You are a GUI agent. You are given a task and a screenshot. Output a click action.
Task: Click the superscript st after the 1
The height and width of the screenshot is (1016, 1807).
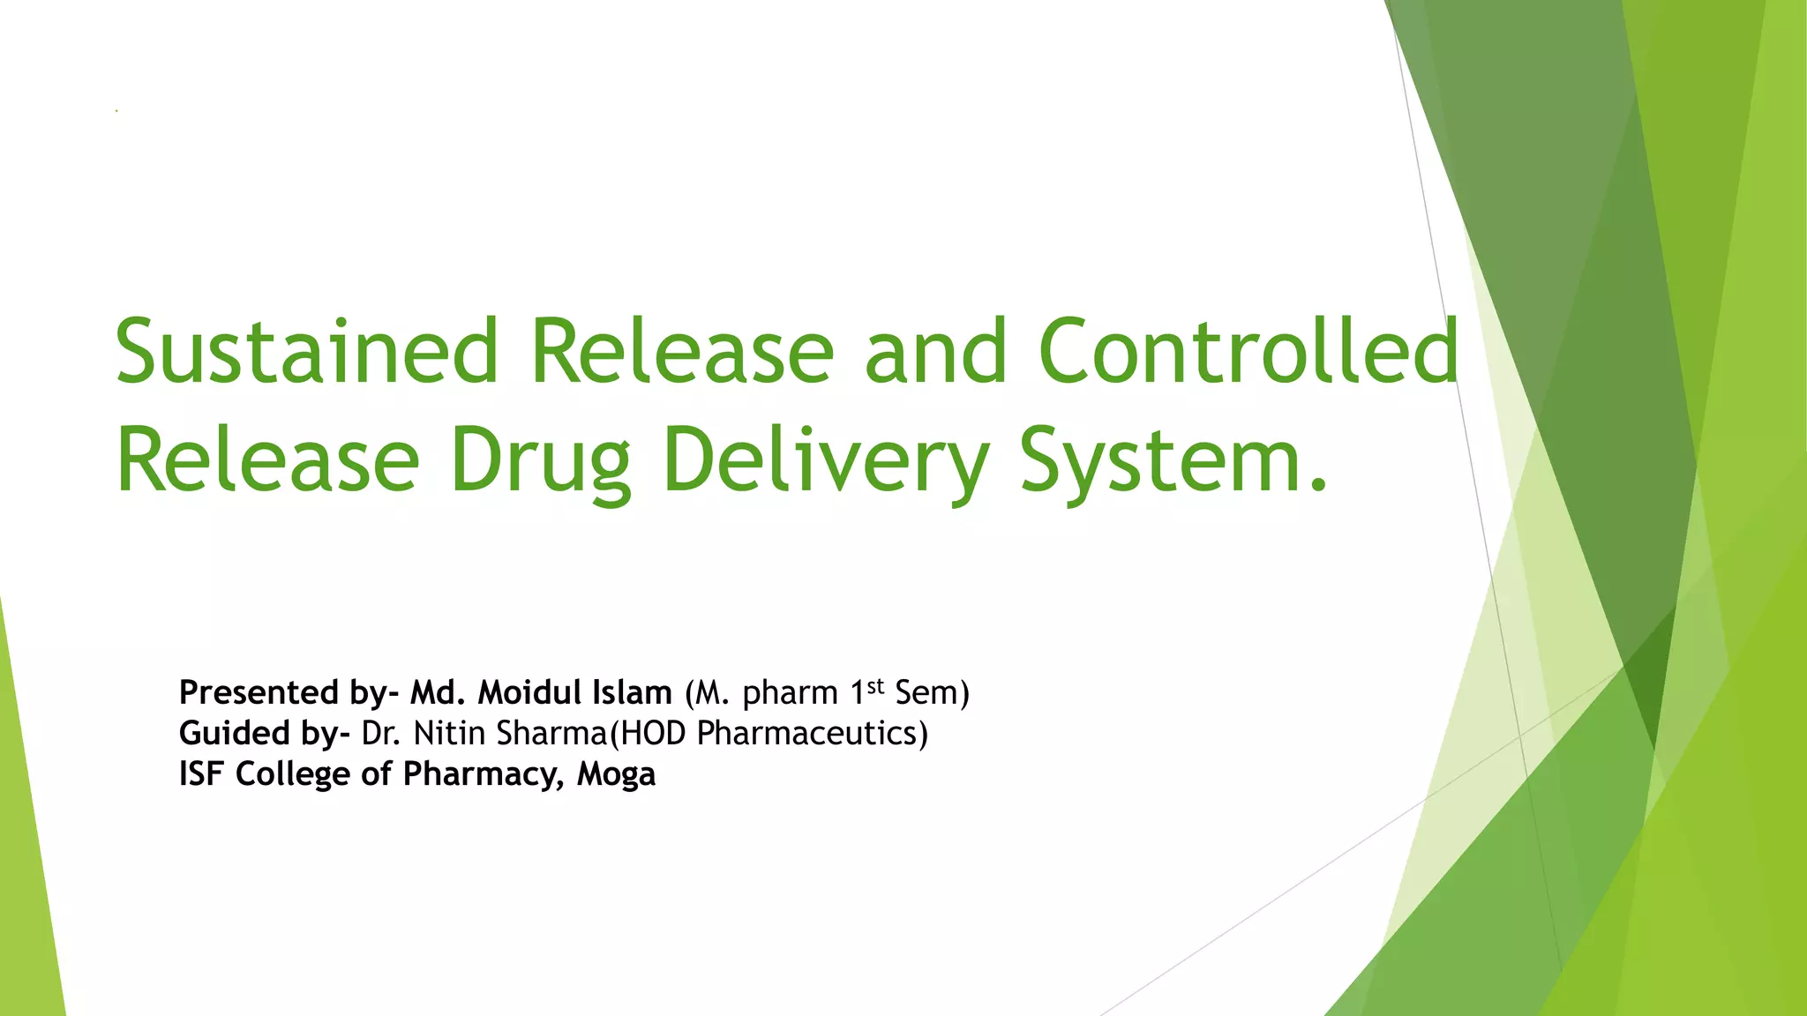pyautogui.click(x=874, y=685)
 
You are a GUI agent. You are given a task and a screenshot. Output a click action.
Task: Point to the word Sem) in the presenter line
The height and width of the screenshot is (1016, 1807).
pyautogui.click(x=932, y=693)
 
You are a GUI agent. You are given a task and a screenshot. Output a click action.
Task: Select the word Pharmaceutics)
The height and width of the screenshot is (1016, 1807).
pyautogui.click(x=812, y=734)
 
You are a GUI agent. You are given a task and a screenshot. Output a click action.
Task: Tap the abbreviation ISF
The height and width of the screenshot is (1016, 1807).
pyautogui.click(x=202, y=774)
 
